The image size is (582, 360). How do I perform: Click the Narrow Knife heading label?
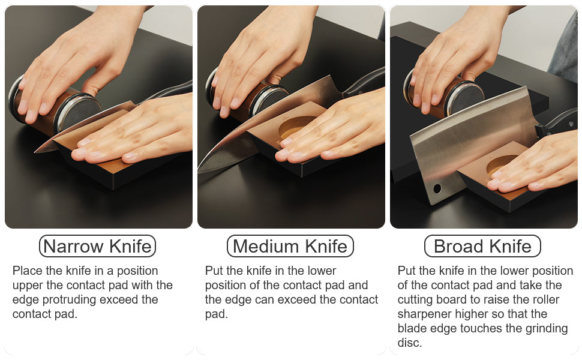pos(97,246)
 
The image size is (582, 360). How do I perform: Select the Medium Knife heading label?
pos(290,246)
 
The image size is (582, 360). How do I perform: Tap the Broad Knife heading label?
pos(482,246)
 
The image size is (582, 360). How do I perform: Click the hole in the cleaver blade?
pos(437,188)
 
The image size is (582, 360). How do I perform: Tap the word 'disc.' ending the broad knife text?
pos(410,343)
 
